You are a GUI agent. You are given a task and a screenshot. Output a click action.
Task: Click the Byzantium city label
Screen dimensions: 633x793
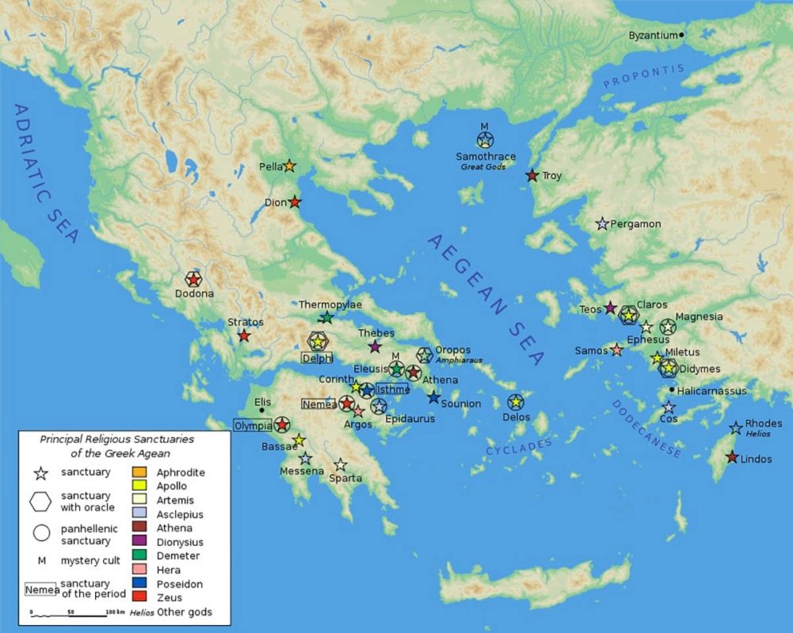pyautogui.click(x=653, y=36)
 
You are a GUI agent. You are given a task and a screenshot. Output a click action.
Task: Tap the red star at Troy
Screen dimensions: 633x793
pyautogui.click(x=532, y=175)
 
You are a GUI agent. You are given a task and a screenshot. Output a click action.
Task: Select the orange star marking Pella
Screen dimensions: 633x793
pyautogui.click(x=289, y=166)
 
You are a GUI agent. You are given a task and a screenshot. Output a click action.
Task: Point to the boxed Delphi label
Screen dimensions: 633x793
pyautogui.click(x=317, y=358)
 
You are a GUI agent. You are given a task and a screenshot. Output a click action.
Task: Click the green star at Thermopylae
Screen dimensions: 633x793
pyautogui.click(x=326, y=317)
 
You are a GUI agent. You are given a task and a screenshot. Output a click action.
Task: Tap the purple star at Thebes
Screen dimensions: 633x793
pyautogui.click(x=375, y=347)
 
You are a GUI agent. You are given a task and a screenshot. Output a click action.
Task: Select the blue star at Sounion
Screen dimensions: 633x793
pyautogui.click(x=433, y=397)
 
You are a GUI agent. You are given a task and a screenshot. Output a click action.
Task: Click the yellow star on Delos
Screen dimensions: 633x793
pyautogui.click(x=516, y=403)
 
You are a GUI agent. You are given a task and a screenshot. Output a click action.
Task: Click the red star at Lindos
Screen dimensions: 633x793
pyautogui.click(x=732, y=457)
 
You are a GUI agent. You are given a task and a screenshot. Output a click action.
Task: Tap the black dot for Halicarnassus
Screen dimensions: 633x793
pyautogui.click(x=672, y=389)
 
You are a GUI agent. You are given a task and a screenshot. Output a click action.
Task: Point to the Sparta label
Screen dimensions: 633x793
pyautogui.click(x=346, y=478)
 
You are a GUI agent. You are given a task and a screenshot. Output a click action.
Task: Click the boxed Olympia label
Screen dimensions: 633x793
pyautogui.click(x=253, y=425)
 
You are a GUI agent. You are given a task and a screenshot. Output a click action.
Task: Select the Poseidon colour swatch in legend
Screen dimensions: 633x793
pyautogui.click(x=139, y=584)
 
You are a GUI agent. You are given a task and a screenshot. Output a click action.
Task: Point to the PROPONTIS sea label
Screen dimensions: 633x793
pyautogui.click(x=642, y=77)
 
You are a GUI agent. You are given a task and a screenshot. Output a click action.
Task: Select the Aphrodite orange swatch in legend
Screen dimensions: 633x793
pyautogui.click(x=139, y=472)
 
